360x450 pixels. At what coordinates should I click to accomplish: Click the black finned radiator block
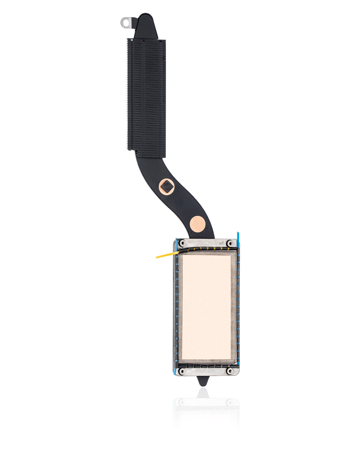[146, 96]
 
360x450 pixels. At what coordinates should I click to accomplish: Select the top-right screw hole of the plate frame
[230, 243]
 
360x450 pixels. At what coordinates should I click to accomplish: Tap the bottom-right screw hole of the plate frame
[230, 371]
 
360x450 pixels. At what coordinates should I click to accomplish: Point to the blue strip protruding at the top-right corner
[238, 235]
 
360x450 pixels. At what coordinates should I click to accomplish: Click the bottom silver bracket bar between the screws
[206, 372]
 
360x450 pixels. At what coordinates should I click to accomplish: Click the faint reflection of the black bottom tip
[203, 393]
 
